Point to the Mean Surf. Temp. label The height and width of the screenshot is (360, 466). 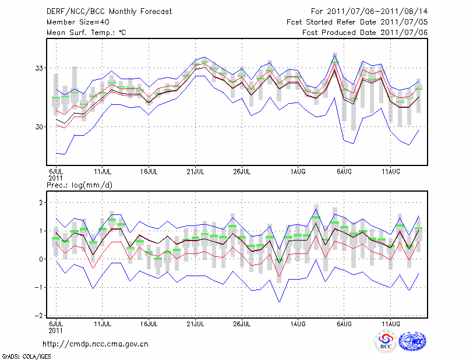point(87,33)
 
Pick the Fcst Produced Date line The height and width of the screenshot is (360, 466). point(365,33)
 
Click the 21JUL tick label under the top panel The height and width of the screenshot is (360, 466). point(196,171)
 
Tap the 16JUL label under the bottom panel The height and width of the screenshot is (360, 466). point(149,323)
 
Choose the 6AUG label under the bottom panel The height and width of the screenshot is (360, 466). point(344,323)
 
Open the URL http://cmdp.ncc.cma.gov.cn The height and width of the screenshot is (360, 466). point(96,344)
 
